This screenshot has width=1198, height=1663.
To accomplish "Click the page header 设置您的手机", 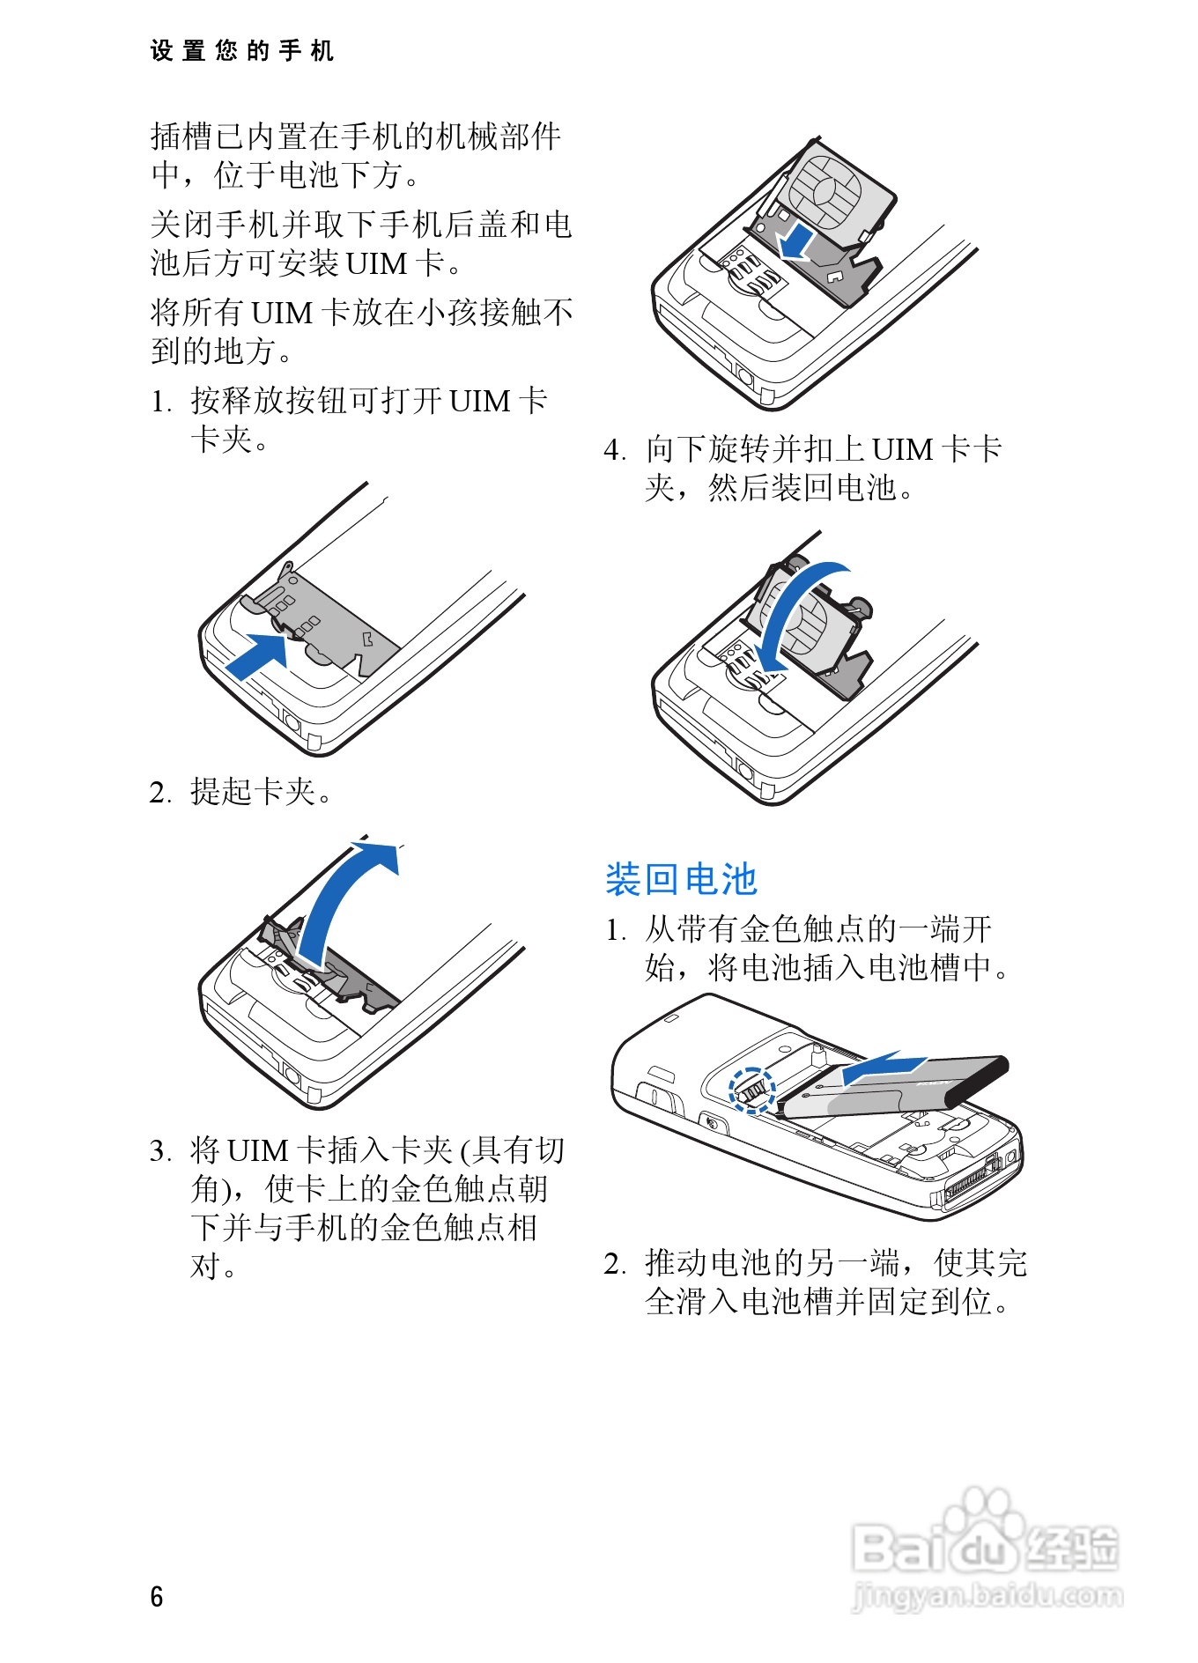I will [241, 51].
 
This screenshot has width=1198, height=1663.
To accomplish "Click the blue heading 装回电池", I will [680, 879].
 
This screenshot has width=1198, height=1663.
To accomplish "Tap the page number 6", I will [157, 1596].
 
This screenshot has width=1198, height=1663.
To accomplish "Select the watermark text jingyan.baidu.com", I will [987, 1595].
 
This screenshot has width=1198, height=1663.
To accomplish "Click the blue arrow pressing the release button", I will [258, 655].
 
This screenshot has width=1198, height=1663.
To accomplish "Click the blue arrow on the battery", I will [881, 1069].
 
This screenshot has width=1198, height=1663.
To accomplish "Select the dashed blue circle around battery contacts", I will [751, 1090].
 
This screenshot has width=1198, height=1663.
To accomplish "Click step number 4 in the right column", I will [614, 450].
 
